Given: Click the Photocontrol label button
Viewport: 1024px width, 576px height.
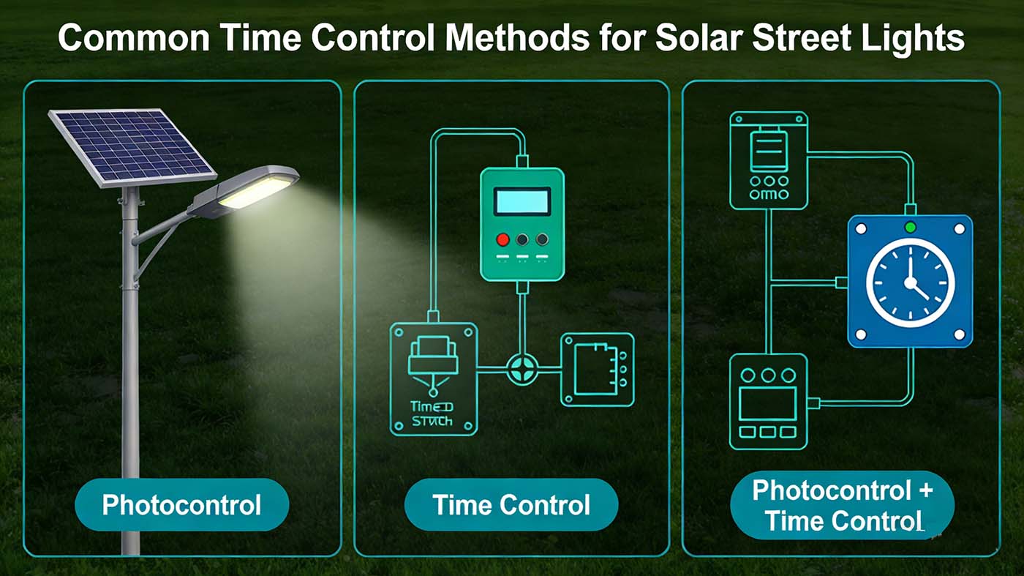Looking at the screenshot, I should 181,505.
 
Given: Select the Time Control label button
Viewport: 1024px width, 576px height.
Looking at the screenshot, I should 511,505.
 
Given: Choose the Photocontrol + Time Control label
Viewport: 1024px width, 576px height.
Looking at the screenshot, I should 842,505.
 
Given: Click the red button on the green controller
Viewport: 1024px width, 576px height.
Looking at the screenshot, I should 502,239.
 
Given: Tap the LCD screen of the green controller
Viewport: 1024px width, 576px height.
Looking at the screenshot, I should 522,201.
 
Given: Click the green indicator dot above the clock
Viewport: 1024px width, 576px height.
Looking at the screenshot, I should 911,228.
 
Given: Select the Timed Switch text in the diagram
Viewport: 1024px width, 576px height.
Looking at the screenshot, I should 432,414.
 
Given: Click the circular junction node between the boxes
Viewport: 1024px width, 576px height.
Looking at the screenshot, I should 522,368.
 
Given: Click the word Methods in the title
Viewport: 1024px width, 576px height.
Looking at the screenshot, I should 518,38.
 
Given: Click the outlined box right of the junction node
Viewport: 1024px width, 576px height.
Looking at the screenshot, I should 597,369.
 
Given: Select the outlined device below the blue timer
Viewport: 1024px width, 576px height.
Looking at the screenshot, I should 768,401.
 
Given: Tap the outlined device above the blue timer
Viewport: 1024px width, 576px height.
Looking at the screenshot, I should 768,160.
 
